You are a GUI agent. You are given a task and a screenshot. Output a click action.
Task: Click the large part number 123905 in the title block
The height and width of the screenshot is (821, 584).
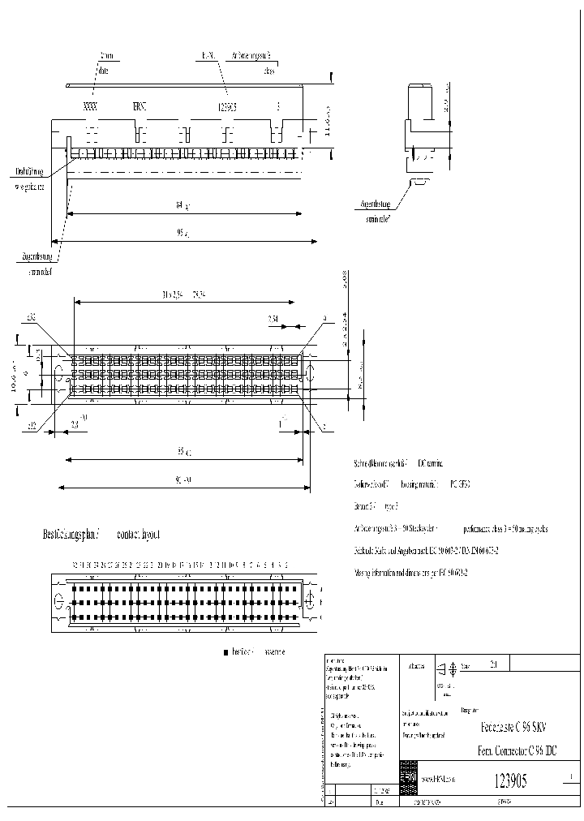coord(510,781)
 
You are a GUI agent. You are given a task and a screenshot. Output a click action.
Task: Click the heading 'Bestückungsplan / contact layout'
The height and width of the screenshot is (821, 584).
coord(101,535)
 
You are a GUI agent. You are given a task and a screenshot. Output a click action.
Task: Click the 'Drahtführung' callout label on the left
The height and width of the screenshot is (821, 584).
coord(29,172)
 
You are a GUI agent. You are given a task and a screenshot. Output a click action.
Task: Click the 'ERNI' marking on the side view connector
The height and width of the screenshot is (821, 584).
coord(140,107)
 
